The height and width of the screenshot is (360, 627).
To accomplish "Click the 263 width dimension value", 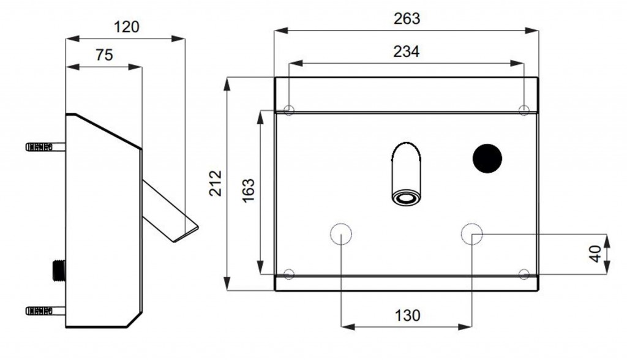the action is pyautogui.click(x=407, y=19).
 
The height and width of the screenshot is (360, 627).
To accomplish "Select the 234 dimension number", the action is pyautogui.click(x=407, y=51).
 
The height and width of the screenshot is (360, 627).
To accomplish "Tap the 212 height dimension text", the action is pyautogui.click(x=216, y=183).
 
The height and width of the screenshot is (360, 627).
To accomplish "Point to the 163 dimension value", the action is pyautogui.click(x=249, y=190).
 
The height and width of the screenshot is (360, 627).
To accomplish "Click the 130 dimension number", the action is pyautogui.click(x=407, y=315).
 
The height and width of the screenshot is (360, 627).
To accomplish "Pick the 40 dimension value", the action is pyautogui.click(x=595, y=254).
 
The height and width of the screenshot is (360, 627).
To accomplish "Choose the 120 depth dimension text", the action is pyautogui.click(x=126, y=27).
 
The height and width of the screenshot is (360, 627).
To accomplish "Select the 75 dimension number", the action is pyautogui.click(x=104, y=55).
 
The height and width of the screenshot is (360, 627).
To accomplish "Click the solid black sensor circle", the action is pyautogui.click(x=487, y=159).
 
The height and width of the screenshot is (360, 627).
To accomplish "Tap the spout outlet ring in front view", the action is pyautogui.click(x=406, y=198).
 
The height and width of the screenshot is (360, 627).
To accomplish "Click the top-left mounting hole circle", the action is pyautogui.click(x=289, y=110).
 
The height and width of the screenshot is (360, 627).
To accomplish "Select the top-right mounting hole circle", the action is pyautogui.click(x=524, y=110).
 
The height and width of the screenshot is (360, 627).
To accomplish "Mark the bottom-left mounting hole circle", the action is pyautogui.click(x=289, y=274).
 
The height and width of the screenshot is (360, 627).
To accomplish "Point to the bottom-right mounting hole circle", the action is pyautogui.click(x=524, y=274).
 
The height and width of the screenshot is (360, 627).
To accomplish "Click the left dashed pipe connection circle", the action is pyautogui.click(x=340, y=234).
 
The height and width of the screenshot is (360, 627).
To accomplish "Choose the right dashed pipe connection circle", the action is pyautogui.click(x=472, y=234).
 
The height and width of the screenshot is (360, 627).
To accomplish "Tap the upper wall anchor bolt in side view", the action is pyautogui.click(x=45, y=147).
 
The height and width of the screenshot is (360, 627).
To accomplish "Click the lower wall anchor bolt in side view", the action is pyautogui.click(x=45, y=310).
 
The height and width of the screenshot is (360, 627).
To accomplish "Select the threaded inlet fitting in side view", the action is pyautogui.click(x=59, y=271).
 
